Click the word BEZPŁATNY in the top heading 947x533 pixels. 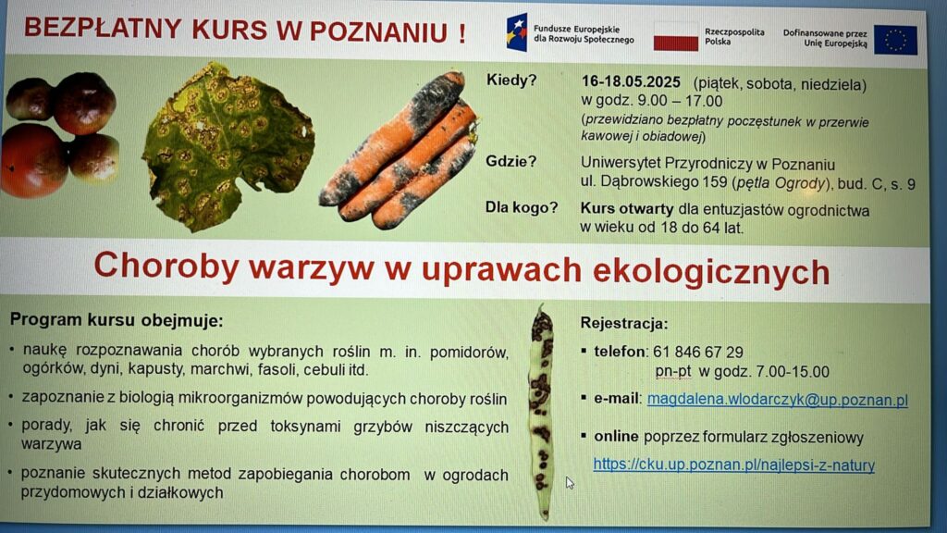pos(103,29)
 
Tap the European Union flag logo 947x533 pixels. pos(895,40)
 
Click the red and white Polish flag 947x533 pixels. pos(676,36)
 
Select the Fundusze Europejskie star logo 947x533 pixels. pos(517,32)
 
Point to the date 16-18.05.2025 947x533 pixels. pos(631,82)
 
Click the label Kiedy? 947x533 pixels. pos(510,81)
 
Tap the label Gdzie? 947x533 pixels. pos(510,161)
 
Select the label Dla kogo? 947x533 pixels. pos(522,208)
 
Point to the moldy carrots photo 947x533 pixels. pos(399,151)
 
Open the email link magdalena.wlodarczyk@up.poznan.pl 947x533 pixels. pos(777,400)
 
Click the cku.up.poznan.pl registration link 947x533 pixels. pos(733,465)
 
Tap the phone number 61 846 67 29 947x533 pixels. pos(697,352)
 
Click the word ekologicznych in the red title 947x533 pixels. pos(711,271)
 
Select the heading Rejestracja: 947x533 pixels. pos(624,323)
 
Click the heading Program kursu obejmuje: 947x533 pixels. pos(117,320)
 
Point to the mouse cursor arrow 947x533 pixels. pos(570,482)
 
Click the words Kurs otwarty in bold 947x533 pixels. pos(626,209)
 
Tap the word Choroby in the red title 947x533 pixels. pos(166,266)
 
